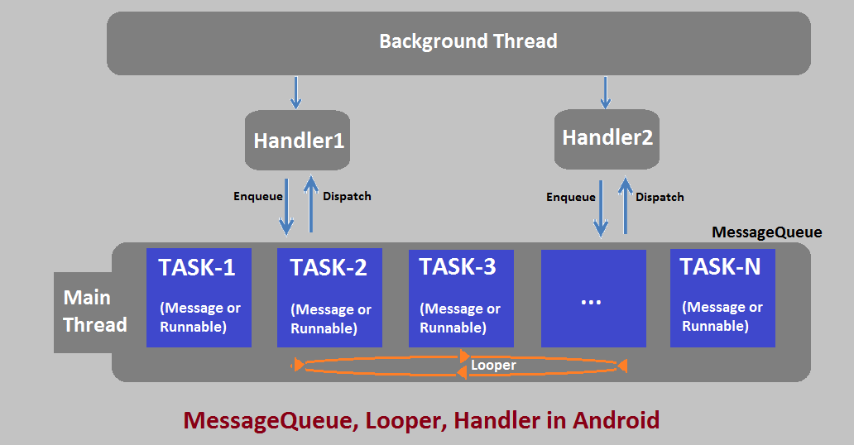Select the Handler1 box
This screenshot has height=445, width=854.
coord(298,141)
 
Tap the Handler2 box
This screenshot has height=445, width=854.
coord(607,137)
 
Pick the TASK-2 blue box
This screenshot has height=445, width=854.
coord(329,298)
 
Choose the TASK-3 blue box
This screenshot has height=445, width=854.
coord(461,298)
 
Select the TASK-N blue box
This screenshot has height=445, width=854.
coord(722,298)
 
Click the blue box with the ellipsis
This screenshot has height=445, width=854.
coord(593,299)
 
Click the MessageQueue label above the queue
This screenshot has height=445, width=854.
coord(766,232)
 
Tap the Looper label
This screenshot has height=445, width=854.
coord(493,365)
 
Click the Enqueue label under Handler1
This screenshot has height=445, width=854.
coord(257,197)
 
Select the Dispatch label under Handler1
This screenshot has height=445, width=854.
coord(347,197)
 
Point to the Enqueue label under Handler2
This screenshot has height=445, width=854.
coord(570,197)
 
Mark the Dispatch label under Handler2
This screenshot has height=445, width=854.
coord(660,197)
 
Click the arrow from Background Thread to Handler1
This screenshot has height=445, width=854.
coord(295,92)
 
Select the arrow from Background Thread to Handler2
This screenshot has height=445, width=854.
coord(605,92)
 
